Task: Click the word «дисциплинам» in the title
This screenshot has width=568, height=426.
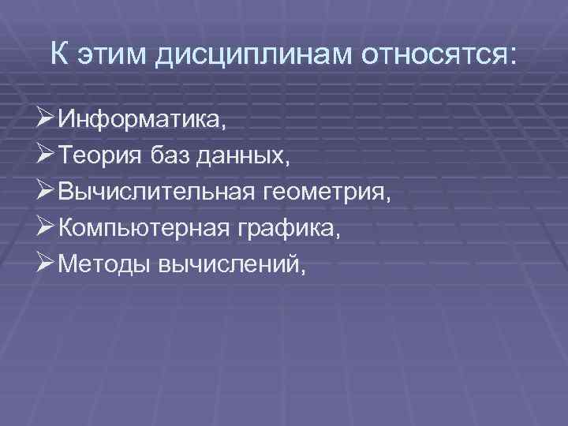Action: (x=252, y=55)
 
